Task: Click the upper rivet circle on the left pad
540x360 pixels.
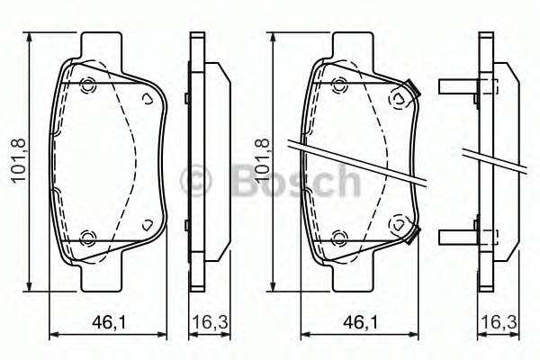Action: (x=87, y=86)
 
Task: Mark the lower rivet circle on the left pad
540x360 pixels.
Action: (x=87, y=238)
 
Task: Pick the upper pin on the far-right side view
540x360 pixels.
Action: (x=459, y=87)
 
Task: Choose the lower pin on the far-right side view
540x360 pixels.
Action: (x=459, y=237)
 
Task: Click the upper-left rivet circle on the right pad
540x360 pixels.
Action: (x=339, y=86)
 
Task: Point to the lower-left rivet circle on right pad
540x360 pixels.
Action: (x=339, y=238)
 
